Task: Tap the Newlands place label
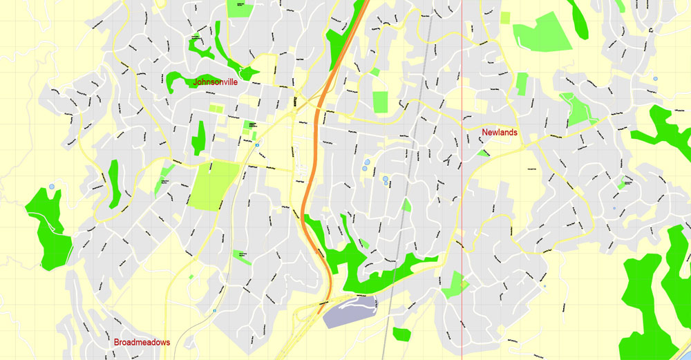(500, 132)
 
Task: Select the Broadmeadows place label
(142, 342)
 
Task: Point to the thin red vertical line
(461, 207)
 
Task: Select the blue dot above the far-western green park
(52, 187)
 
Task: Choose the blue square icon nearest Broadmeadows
(214, 311)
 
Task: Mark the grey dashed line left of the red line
(413, 173)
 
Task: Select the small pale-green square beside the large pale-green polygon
(504, 17)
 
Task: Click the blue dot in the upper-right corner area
(654, 79)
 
